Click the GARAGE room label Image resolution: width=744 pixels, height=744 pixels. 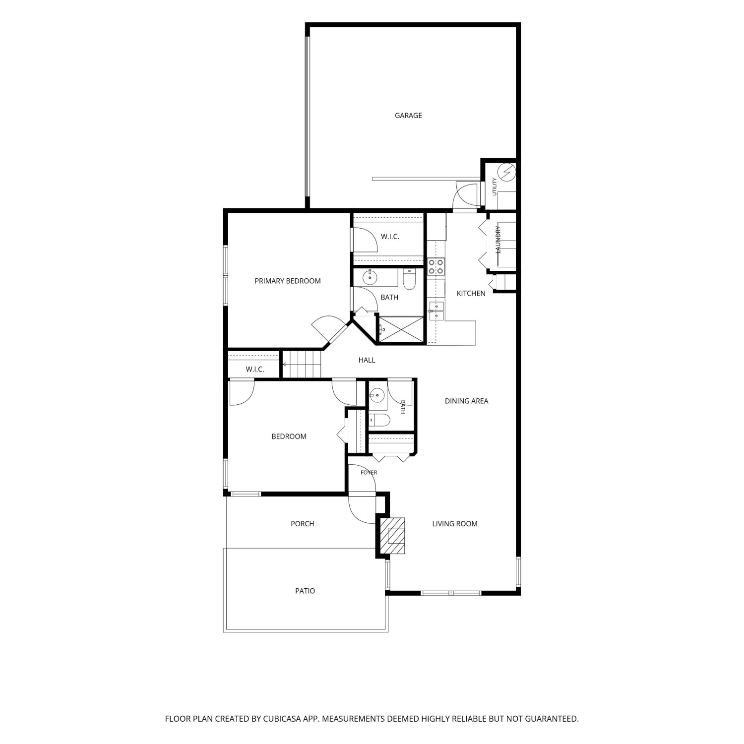[x=408, y=116]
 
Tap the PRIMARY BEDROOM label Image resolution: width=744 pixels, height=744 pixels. [x=288, y=281]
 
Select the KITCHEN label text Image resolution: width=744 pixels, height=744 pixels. [x=471, y=293]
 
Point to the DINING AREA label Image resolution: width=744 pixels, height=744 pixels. [x=466, y=401]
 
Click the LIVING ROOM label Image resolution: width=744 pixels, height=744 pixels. [x=455, y=523]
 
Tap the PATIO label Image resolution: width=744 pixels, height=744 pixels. [x=305, y=591]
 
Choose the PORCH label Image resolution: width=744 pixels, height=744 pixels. [x=303, y=523]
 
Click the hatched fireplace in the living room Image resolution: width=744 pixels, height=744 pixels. [x=392, y=536]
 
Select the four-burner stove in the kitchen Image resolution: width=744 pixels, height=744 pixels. [x=436, y=266]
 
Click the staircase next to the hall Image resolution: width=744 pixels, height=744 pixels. [x=302, y=364]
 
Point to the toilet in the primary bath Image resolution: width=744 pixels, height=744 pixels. [x=409, y=279]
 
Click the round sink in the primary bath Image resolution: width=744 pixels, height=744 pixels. [x=370, y=277]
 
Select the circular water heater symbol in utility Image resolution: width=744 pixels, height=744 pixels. [x=507, y=172]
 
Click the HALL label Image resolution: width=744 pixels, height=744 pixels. [x=367, y=360]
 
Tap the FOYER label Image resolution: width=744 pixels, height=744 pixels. [x=369, y=473]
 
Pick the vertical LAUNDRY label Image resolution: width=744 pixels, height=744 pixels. [x=498, y=239]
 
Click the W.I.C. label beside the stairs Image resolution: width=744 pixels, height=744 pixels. [x=255, y=370]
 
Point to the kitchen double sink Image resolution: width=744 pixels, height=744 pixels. [x=436, y=311]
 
